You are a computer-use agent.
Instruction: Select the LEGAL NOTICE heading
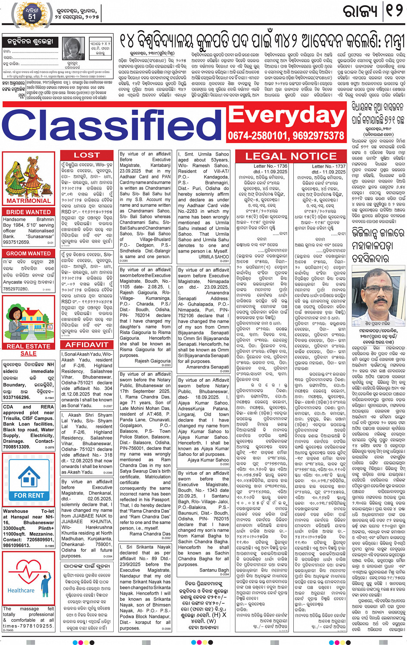point(291,156)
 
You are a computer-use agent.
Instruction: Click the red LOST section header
point(87,155)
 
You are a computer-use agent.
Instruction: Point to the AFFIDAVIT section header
point(87,345)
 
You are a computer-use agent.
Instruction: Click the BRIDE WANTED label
point(28,212)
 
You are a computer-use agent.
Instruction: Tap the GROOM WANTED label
point(28,253)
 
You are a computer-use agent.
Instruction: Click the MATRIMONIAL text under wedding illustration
point(28,201)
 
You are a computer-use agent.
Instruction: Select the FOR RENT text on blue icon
point(29,495)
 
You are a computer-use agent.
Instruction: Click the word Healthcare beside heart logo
point(21,590)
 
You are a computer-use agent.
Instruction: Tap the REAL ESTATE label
point(28,346)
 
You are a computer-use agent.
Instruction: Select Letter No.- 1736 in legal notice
point(270,166)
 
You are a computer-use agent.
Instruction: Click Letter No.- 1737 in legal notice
point(329,166)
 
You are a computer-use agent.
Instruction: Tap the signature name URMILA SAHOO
point(214,257)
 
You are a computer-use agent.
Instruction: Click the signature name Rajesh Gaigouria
point(152,361)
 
